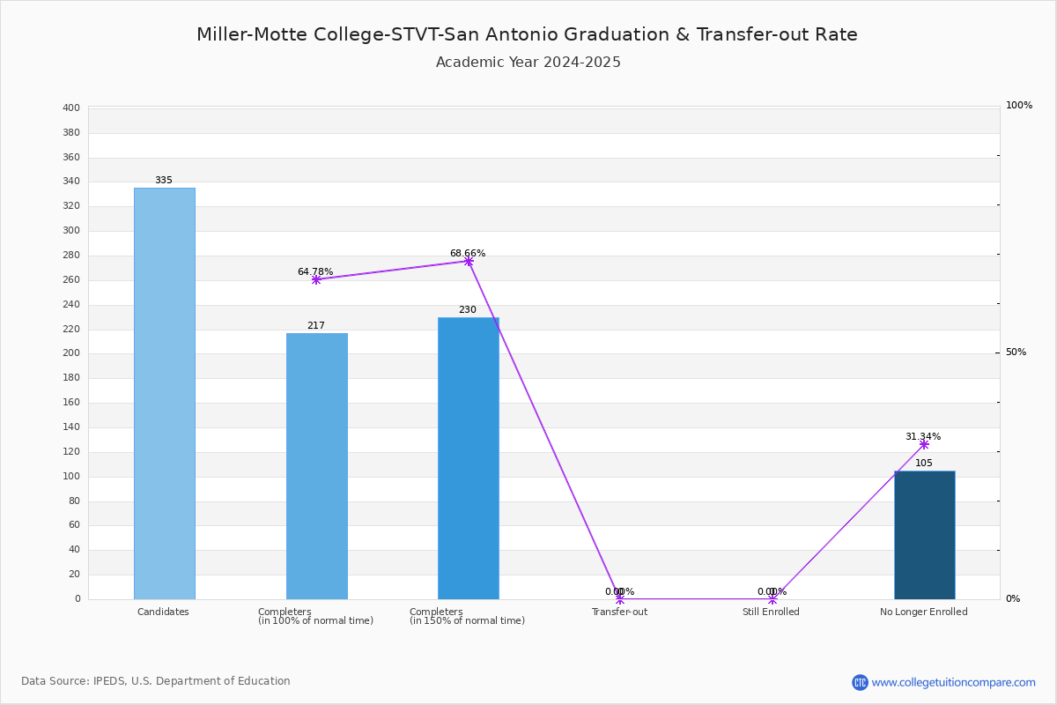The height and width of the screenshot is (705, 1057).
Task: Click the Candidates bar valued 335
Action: click(x=164, y=393)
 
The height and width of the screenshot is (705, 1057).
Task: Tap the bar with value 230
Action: click(x=468, y=458)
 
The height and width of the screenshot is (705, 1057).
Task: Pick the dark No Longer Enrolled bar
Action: click(x=924, y=535)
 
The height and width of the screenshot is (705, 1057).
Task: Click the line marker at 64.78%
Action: click(x=316, y=279)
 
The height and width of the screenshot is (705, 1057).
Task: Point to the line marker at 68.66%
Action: click(x=468, y=261)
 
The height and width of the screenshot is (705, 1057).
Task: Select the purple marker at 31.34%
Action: click(x=924, y=444)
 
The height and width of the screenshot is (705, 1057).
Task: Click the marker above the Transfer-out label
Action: click(x=620, y=599)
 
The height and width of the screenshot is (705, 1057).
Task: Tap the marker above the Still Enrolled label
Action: click(x=772, y=599)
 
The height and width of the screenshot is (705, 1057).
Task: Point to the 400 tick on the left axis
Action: click(x=71, y=108)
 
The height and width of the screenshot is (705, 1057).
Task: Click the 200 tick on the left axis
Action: click(x=71, y=353)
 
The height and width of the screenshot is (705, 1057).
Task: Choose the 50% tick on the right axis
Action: click(x=1016, y=352)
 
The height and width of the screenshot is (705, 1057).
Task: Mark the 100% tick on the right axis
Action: click(x=1018, y=106)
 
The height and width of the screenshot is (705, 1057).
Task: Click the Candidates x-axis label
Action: click(x=163, y=612)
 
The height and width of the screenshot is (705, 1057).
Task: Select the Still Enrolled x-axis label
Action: click(x=771, y=612)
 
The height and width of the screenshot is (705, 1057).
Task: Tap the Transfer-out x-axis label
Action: click(x=619, y=612)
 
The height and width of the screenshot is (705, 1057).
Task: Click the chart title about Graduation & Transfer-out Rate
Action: click(x=527, y=34)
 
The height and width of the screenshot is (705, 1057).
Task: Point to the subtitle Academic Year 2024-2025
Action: click(x=528, y=63)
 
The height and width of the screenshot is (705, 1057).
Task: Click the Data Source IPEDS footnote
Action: click(x=156, y=681)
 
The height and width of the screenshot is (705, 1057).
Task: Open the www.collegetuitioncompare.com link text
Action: click(x=953, y=682)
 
